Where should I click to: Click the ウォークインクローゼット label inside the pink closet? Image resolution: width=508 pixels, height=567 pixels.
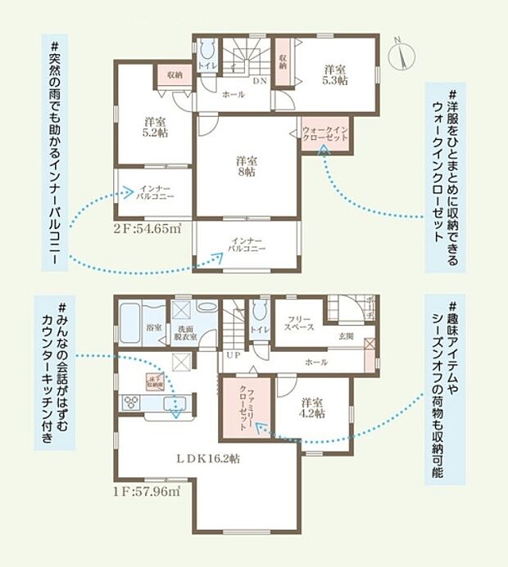pyautogui.click(x=325, y=135)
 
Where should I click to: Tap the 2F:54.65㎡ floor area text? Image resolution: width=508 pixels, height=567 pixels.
pyautogui.click(x=148, y=229)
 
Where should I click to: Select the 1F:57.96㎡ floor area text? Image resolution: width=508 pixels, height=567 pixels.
pyautogui.click(x=148, y=491)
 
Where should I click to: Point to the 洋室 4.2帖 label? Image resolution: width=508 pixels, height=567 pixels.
pyautogui.click(x=311, y=408)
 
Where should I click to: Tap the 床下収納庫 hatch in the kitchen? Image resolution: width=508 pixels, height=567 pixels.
pyautogui.click(x=154, y=380)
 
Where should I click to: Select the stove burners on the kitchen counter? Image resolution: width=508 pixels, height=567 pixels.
pyautogui.click(x=132, y=402)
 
